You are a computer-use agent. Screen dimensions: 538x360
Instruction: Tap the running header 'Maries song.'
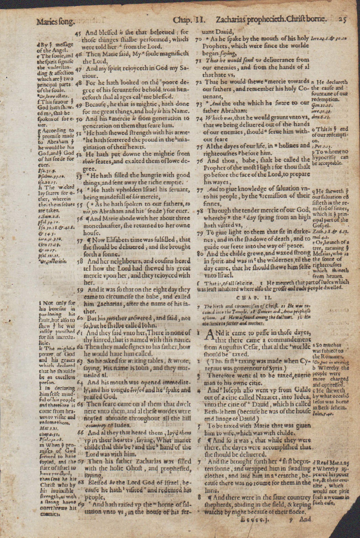55,21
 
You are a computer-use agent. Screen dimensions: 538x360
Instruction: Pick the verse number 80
200,254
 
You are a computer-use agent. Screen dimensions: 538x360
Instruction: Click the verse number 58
80,261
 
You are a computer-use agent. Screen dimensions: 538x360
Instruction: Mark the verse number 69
81,505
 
